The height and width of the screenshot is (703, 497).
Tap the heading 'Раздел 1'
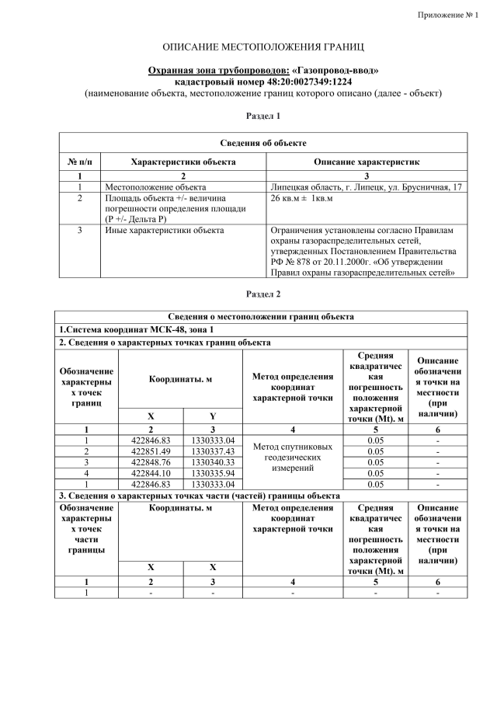coord(262,115)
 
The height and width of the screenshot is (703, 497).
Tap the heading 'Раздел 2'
coord(262,294)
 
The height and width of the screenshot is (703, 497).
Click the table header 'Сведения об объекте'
coord(262,143)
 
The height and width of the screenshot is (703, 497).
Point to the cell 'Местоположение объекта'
coord(155,187)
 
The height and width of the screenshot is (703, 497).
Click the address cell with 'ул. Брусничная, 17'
coord(366,187)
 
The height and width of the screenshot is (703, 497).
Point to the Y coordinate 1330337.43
coord(213,451)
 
